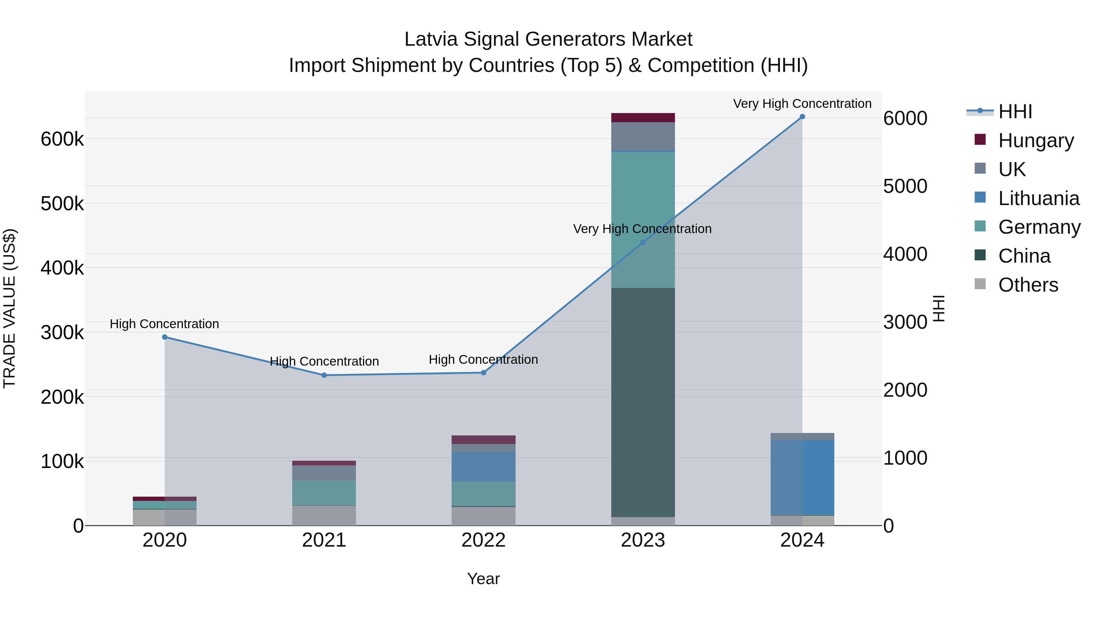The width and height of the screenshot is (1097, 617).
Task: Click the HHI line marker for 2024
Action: (x=802, y=117)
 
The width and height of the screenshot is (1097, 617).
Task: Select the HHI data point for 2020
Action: (x=165, y=337)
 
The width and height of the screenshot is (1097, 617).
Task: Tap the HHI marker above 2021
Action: (x=324, y=375)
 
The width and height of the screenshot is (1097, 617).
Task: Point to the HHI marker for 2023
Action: (x=643, y=242)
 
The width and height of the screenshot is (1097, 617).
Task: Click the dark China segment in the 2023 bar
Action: (x=643, y=402)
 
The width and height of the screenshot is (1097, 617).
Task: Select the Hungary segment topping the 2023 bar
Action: (x=643, y=118)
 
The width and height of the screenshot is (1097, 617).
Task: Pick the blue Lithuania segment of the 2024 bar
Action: (x=802, y=477)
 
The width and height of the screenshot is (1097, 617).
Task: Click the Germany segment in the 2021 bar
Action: (x=324, y=493)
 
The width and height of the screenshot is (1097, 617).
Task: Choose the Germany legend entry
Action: (x=1039, y=227)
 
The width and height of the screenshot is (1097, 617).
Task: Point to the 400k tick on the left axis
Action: (x=62, y=268)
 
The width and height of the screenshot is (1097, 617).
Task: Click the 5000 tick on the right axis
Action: (x=905, y=186)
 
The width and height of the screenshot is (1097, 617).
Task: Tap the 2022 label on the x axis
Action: (x=483, y=540)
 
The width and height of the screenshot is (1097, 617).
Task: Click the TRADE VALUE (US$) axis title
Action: (x=10, y=308)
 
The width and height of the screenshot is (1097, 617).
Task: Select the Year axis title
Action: (x=483, y=579)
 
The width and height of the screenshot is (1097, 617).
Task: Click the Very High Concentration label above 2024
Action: (x=802, y=104)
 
